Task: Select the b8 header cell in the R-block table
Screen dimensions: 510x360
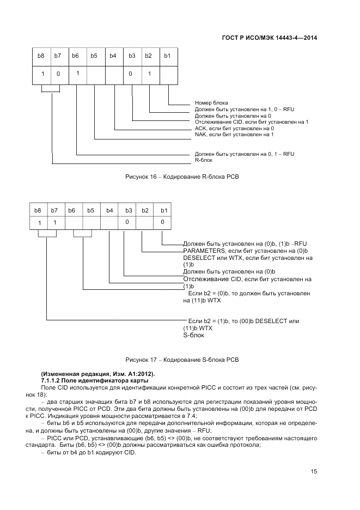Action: click(41, 56)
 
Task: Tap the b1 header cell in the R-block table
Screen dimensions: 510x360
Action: click(167, 56)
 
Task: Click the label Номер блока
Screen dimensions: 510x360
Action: click(211, 102)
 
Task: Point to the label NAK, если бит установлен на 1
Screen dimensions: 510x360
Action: click(234, 134)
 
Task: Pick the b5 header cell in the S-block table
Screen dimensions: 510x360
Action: click(90, 210)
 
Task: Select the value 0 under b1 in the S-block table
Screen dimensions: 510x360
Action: click(162, 222)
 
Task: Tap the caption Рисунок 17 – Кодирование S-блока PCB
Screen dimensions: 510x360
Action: click(182, 360)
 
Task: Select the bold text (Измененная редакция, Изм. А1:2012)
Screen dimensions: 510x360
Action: click(97, 373)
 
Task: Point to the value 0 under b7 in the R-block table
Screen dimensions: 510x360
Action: click(58, 74)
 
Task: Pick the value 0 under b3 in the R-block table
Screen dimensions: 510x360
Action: click(131, 74)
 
